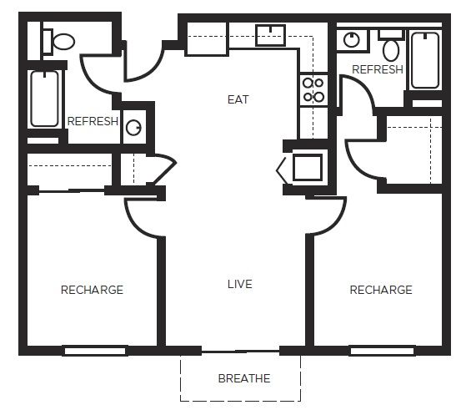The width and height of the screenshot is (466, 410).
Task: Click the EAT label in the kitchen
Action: click(238, 99)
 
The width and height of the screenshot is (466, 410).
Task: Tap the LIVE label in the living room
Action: click(239, 284)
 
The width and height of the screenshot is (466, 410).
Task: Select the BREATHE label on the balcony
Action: click(243, 378)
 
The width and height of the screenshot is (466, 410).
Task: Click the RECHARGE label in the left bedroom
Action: click(92, 290)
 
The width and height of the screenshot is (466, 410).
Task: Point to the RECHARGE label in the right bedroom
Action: click(380, 290)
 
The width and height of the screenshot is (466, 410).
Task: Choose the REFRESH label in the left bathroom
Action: click(93, 122)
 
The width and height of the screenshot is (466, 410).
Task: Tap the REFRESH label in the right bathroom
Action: click(377, 69)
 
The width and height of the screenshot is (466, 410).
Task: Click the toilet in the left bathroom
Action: click(58, 40)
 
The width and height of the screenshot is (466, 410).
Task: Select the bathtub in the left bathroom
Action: click(45, 99)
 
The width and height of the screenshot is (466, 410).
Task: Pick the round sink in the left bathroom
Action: click(133, 128)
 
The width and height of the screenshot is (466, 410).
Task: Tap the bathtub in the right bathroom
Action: click(425, 59)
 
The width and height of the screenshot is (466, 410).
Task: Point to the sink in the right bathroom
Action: click(353, 38)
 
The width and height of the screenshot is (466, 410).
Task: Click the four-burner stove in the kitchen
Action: click(313, 90)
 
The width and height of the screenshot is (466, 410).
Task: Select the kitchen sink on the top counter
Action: click(270, 35)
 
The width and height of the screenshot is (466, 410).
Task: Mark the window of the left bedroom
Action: click(94, 350)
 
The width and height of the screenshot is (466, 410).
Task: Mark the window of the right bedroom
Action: click(381, 350)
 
